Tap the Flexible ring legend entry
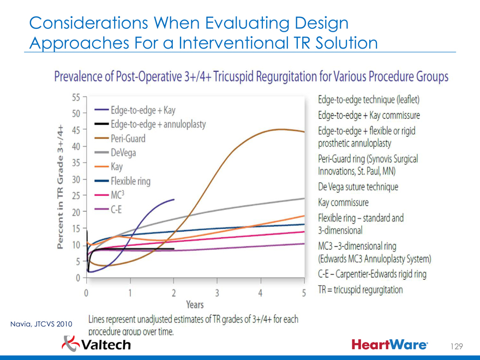click(130, 181)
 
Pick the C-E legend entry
click(116, 209)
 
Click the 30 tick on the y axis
click(76, 179)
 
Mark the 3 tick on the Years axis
click(217, 293)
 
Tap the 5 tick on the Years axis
click(303, 293)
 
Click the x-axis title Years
click(195, 304)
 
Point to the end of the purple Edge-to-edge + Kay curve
click(173, 200)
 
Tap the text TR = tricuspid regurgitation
click(361, 290)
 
